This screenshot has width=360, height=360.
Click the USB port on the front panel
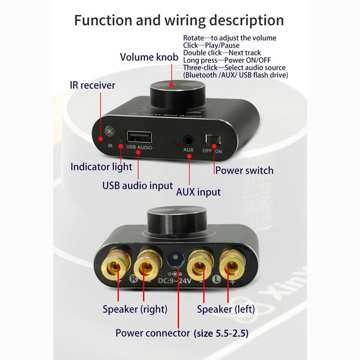139,137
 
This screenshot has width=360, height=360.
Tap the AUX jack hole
188,140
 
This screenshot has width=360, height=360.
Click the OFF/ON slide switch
213,140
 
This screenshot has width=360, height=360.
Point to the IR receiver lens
110,131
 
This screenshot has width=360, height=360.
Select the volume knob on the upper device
177,95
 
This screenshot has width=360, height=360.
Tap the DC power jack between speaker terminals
175,260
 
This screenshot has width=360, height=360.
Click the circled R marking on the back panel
133,279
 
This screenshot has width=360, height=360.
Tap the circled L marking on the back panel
216,279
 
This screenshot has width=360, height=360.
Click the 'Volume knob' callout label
149,57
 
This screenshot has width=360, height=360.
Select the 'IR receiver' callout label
93,85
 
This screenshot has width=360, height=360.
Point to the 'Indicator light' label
101,167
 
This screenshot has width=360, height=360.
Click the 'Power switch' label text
244,171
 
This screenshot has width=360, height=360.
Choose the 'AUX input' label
198,192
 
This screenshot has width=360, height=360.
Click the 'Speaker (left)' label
226,309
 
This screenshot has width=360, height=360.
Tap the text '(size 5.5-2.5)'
221,333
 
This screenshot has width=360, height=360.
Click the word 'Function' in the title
103,20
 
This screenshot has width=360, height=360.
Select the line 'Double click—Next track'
222,53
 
